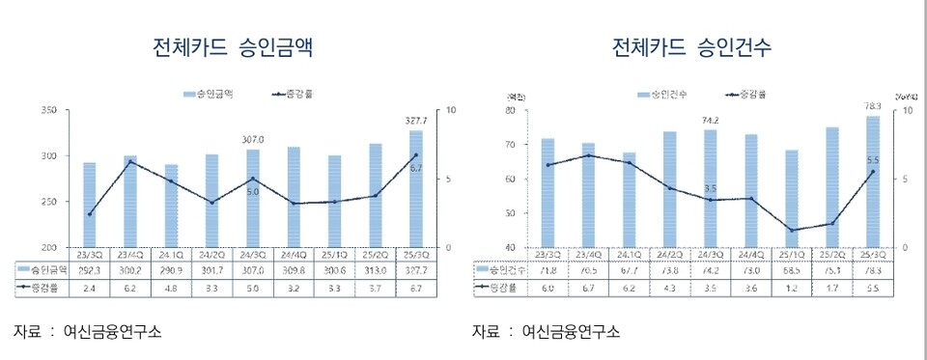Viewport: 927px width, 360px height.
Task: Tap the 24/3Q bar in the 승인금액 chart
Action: (252, 198)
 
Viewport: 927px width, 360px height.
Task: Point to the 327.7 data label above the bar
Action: (416, 121)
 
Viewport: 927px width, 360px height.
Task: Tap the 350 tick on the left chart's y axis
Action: (47, 110)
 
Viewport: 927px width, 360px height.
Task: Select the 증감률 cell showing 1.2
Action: (791, 288)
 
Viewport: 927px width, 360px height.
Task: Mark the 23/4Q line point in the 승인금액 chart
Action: (130, 161)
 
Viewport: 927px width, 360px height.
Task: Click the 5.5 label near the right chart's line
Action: (872, 160)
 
